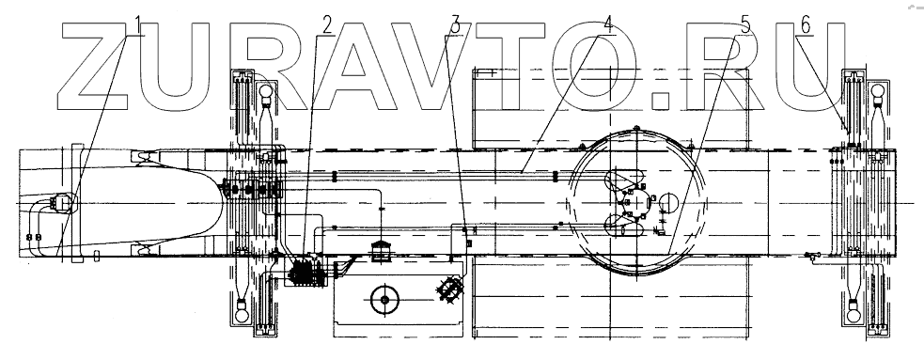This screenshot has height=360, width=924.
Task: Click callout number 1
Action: [138, 25]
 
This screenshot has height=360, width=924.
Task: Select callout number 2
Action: [328, 25]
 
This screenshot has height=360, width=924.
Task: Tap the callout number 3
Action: [454, 25]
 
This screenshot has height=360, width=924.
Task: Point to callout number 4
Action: [608, 25]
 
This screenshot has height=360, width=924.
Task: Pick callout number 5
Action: [745, 25]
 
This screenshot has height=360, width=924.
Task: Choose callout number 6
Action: [807, 25]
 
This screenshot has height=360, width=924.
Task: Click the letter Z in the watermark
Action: [94, 67]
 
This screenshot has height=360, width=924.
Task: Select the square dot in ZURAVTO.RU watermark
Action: [663, 102]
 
